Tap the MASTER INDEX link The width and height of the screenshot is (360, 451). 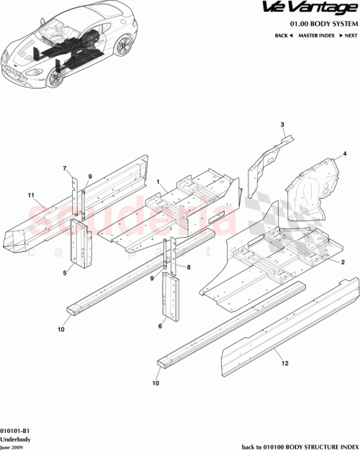314,35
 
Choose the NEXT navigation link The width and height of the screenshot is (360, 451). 347,35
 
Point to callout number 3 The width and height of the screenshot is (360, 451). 283,125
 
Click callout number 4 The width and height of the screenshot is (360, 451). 345,153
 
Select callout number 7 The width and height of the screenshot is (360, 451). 64,169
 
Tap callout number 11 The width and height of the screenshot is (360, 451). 31,195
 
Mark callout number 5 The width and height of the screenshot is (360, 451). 65,273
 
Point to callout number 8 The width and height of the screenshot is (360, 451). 188,267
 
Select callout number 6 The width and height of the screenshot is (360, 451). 161,326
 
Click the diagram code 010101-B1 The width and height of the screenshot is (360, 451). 16,429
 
